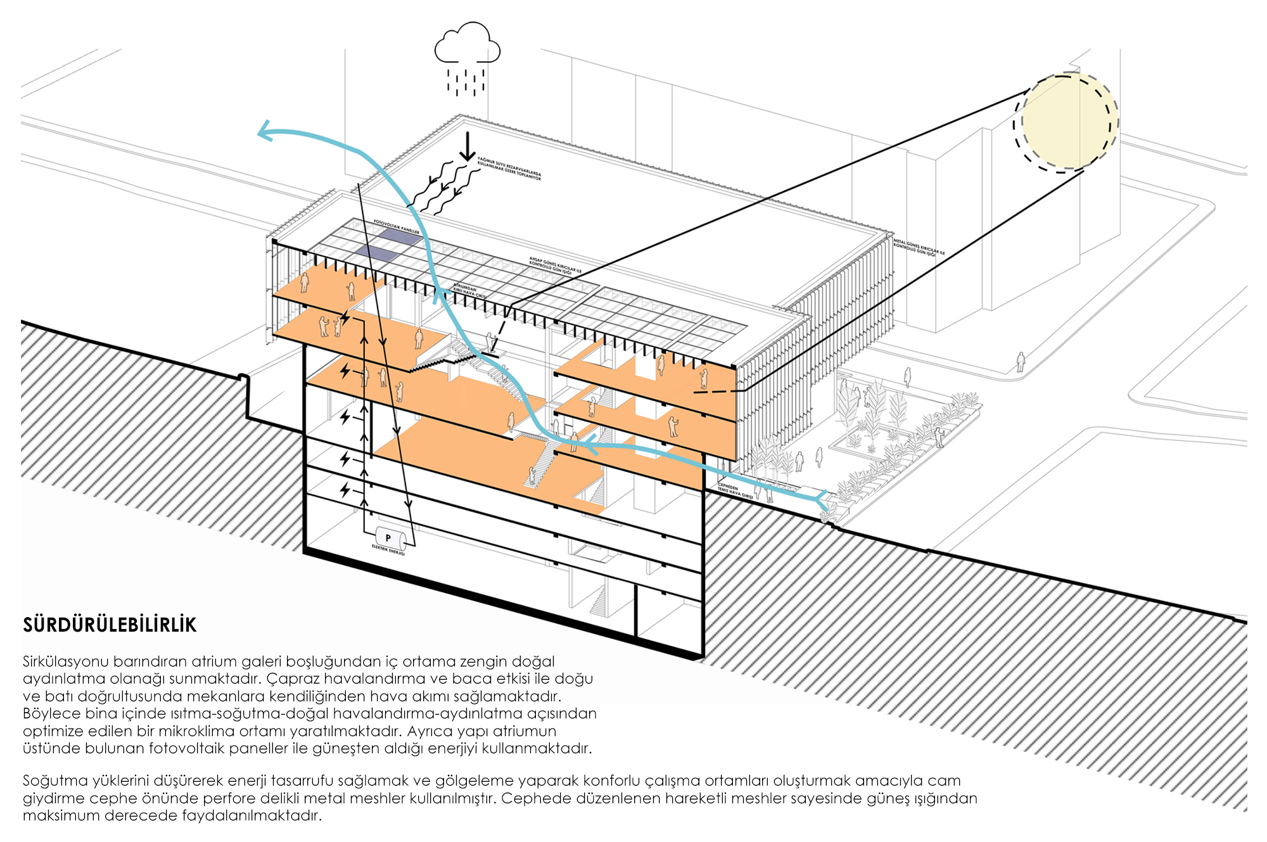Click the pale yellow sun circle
pos(1067,121)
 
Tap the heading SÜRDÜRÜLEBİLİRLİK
pos(110,625)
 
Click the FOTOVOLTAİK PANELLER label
pos(397,227)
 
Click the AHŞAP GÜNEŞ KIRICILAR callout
pos(555,265)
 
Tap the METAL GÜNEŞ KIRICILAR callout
pos(918,248)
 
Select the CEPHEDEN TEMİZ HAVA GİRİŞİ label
pos(734,492)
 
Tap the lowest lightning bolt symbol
pos(345,490)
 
